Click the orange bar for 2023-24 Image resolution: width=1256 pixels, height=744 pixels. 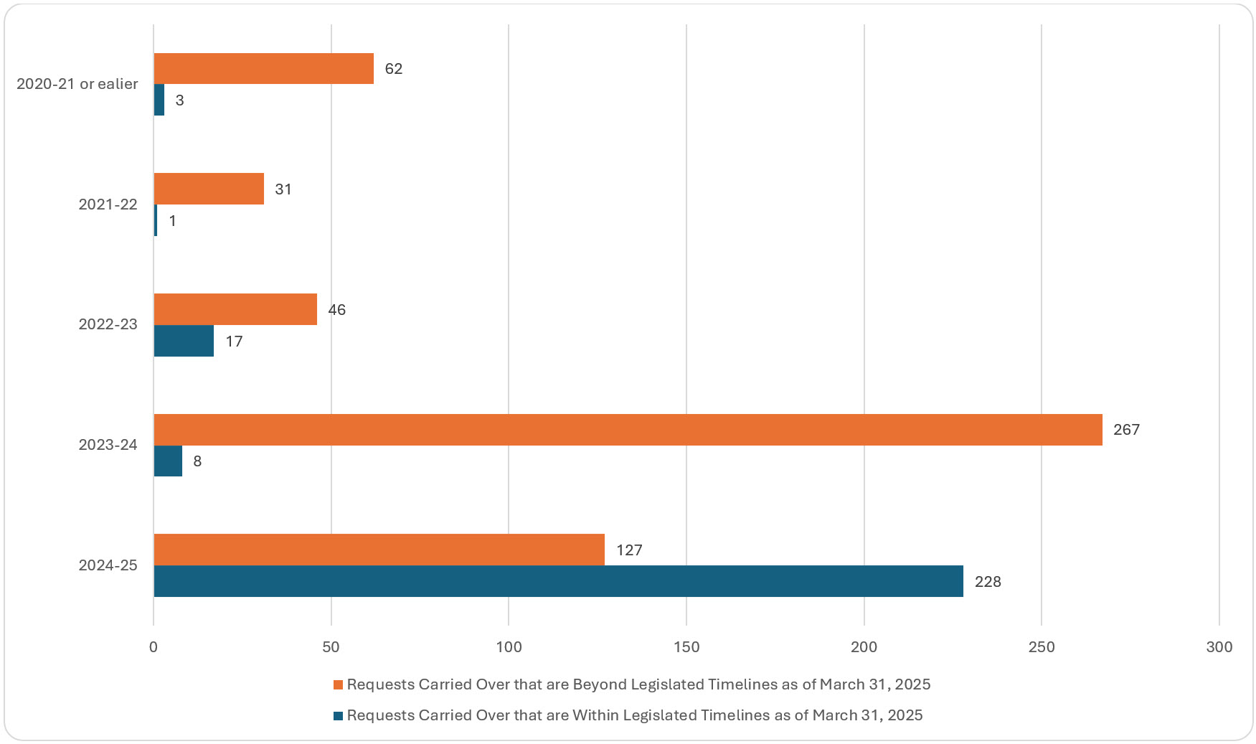click(628, 429)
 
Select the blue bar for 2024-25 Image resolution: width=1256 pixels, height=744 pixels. click(558, 581)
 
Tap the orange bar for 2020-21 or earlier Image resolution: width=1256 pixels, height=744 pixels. click(263, 68)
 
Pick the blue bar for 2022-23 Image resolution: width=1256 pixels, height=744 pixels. click(184, 341)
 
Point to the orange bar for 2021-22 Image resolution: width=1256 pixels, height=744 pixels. click(209, 189)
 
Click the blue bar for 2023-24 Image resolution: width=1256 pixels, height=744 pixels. click(168, 461)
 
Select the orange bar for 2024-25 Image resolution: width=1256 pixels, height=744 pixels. click(379, 550)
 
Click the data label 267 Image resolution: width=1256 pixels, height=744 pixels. click(1126, 430)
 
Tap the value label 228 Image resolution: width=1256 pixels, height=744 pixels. click(987, 582)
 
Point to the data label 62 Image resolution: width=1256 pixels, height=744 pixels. click(393, 69)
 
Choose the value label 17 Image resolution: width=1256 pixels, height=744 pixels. click(234, 342)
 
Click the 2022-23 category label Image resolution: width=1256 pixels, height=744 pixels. click(108, 324)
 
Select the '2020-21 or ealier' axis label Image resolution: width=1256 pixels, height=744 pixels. click(77, 84)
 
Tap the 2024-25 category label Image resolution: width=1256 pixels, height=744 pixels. click(108, 565)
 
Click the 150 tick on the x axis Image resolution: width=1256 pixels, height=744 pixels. click(686, 647)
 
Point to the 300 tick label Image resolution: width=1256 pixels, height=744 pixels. click(1219, 647)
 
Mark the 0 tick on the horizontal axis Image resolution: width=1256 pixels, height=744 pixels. click(154, 647)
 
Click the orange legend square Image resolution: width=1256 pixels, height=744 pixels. click(338, 685)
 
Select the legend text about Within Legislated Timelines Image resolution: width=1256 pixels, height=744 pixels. click(634, 715)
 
